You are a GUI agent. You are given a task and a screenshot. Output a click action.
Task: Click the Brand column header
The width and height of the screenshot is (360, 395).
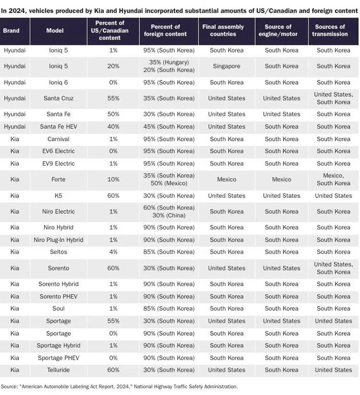tap(11, 31)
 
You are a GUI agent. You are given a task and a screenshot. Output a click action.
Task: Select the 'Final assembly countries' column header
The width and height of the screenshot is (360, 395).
tap(226, 31)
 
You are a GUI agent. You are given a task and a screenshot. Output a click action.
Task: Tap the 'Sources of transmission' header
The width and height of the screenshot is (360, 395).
tap(329, 31)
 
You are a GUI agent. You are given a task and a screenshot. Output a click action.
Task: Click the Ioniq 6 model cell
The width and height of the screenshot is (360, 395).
tap(58, 82)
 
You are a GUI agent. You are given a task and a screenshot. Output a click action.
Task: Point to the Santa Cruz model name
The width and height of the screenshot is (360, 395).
tap(58, 98)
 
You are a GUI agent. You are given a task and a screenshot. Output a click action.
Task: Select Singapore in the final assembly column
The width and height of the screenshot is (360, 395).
tap(226, 66)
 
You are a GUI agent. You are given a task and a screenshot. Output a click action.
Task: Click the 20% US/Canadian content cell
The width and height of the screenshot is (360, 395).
tap(113, 66)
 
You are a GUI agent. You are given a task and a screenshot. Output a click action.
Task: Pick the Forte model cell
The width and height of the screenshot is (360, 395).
tap(58, 179)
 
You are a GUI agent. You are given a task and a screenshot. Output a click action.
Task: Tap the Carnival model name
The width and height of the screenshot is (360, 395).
tap(58, 139)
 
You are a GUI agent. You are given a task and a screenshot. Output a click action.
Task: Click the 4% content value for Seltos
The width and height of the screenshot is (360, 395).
tap(113, 252)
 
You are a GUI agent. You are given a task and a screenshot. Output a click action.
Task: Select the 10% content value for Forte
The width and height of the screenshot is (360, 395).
tap(113, 179)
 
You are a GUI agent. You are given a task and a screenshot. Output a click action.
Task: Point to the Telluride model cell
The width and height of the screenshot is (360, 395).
tap(58, 370)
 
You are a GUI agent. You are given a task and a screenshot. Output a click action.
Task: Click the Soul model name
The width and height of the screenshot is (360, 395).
tap(58, 309)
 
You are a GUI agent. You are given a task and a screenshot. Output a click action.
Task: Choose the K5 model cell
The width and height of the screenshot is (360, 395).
tap(58, 195)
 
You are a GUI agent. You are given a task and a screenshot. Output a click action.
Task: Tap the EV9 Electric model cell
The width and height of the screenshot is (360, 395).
tap(58, 164)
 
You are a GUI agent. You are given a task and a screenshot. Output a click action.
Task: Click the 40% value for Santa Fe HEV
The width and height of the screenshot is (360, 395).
tap(113, 127)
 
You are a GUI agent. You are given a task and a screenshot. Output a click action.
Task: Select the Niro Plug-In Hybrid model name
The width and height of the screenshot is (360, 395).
tap(58, 240)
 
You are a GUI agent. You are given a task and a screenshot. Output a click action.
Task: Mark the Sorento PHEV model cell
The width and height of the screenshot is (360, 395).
tap(58, 296)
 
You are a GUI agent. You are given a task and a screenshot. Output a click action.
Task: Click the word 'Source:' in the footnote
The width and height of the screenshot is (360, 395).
tap(9, 386)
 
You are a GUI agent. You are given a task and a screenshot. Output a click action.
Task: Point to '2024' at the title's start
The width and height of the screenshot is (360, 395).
tap(17, 9)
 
